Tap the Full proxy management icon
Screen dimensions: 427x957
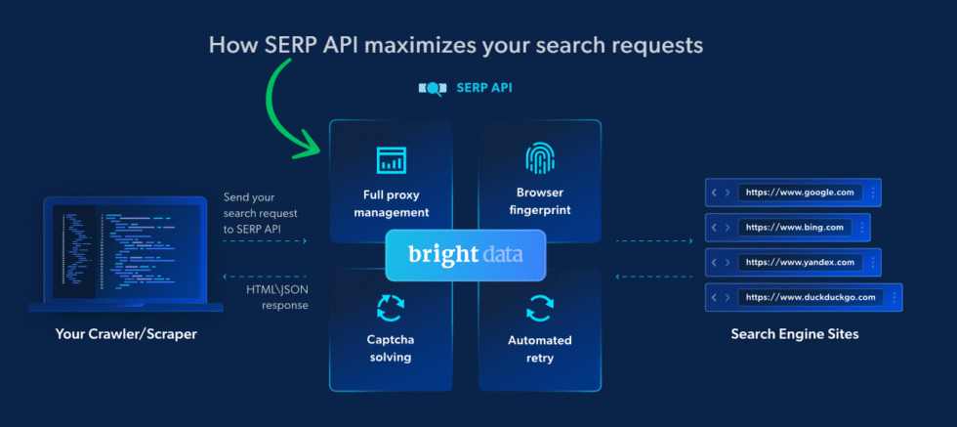coord(390,159)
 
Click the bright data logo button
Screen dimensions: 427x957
coord(465,254)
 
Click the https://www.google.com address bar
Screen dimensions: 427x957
coord(800,192)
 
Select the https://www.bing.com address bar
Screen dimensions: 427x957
coord(793,228)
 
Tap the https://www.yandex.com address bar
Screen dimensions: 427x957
coord(800,262)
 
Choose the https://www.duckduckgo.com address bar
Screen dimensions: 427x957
coord(811,297)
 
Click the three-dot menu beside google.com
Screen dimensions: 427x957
coord(872,192)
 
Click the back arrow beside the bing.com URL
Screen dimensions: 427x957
coord(713,228)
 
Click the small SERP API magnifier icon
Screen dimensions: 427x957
coord(432,88)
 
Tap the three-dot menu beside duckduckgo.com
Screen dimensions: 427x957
coord(894,297)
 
